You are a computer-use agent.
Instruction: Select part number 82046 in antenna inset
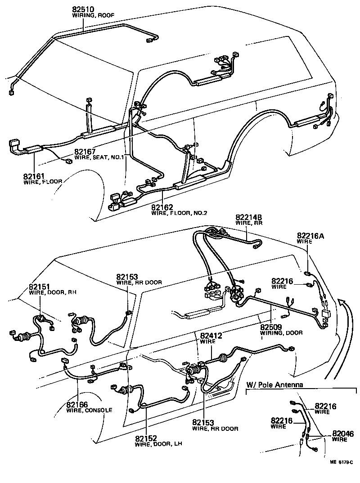tap(343, 434)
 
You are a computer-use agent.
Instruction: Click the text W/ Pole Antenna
tap(274, 385)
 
